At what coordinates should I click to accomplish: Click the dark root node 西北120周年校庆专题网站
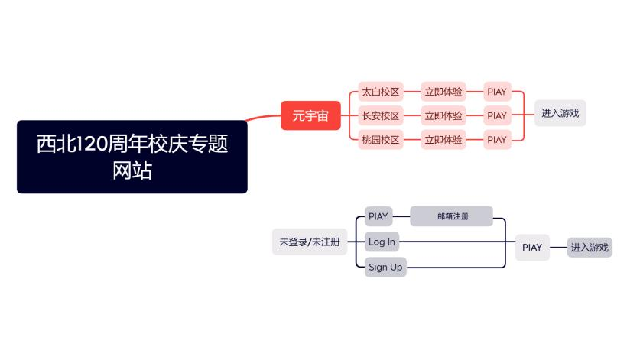click(132, 156)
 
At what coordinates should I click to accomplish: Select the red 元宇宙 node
click(310, 115)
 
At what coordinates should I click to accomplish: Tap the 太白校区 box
click(381, 92)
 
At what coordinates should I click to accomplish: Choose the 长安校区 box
click(381, 115)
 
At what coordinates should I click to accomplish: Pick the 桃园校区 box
click(381, 139)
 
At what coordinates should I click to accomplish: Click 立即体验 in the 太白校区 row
click(443, 92)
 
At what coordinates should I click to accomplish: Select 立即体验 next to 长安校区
click(443, 115)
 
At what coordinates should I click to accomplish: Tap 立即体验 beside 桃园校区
click(443, 139)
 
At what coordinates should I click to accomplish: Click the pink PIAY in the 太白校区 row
click(497, 92)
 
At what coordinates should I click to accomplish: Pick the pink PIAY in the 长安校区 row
click(497, 115)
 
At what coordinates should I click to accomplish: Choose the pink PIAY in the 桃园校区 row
click(497, 139)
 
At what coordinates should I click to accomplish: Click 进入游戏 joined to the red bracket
click(560, 113)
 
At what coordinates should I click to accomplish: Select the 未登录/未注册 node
click(309, 242)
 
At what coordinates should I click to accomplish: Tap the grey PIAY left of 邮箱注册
click(378, 216)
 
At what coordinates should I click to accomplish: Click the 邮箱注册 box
click(452, 216)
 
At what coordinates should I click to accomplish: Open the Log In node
click(382, 242)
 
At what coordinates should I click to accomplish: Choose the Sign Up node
click(385, 267)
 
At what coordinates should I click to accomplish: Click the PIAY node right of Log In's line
click(532, 247)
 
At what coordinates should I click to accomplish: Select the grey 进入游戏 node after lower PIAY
click(590, 247)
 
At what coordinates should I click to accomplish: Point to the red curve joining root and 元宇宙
click(264, 118)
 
